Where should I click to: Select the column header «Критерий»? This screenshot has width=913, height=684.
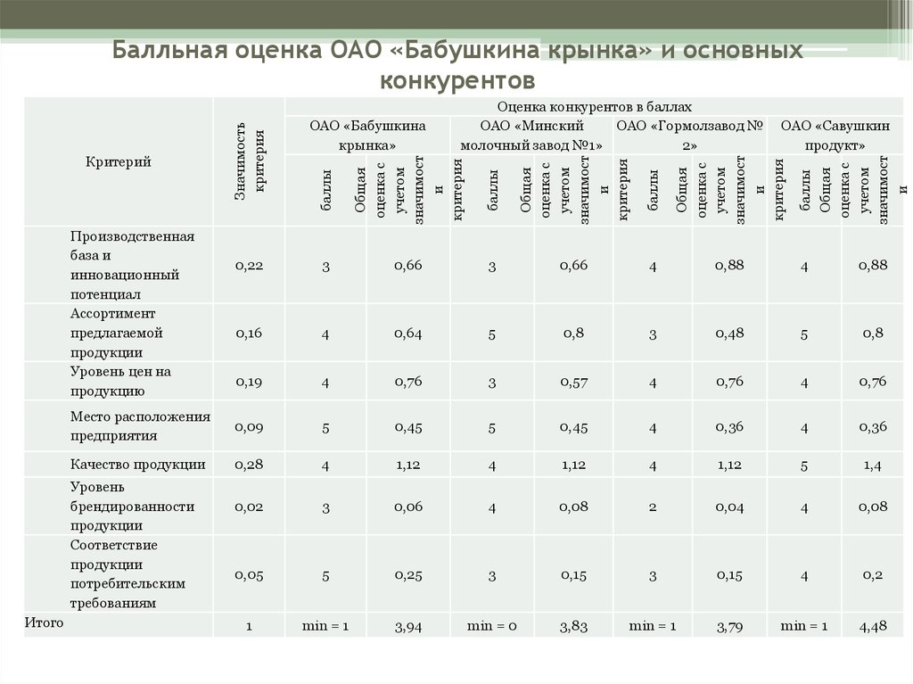click(x=119, y=161)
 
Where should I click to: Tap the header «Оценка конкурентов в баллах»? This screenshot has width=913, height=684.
click(x=588, y=106)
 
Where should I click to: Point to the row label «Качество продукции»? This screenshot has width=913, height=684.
click(x=138, y=464)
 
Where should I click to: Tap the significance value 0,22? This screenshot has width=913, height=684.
click(x=249, y=265)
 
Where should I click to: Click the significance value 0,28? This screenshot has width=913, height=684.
click(x=249, y=464)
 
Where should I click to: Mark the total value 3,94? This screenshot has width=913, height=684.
click(x=408, y=627)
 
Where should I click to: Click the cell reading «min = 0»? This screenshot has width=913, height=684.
click(x=492, y=626)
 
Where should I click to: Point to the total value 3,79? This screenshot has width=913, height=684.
click(x=729, y=627)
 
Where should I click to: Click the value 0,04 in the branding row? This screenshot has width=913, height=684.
click(x=729, y=506)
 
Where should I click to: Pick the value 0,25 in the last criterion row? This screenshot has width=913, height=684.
click(x=408, y=573)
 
